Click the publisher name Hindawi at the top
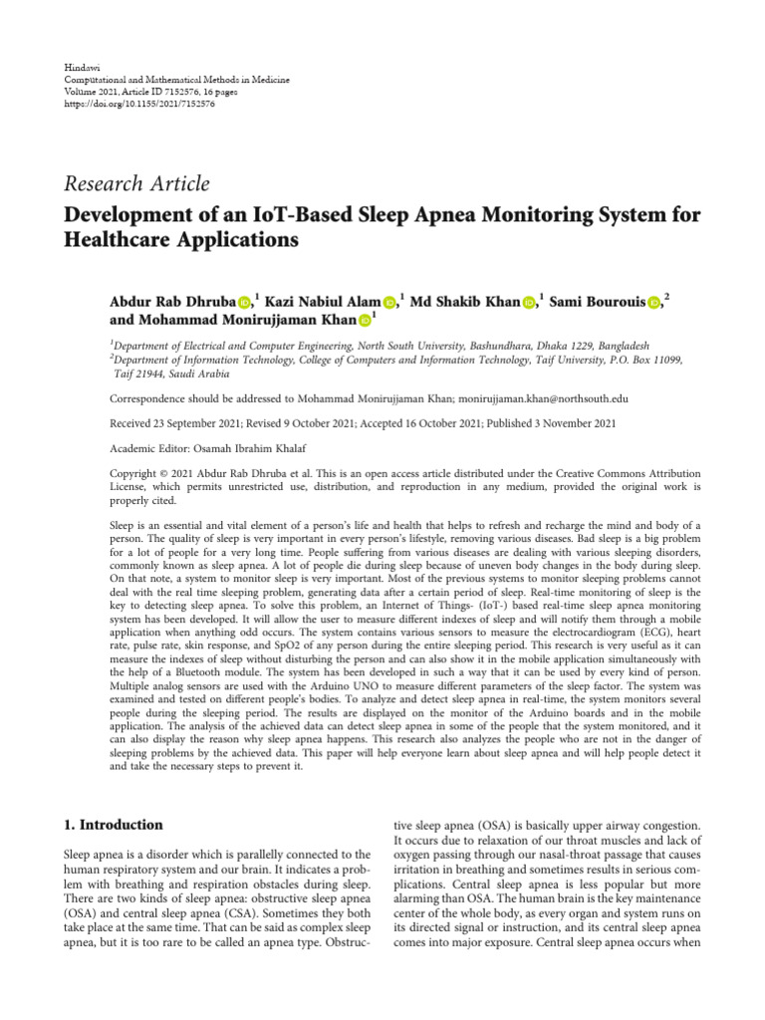80,65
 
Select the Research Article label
136,183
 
